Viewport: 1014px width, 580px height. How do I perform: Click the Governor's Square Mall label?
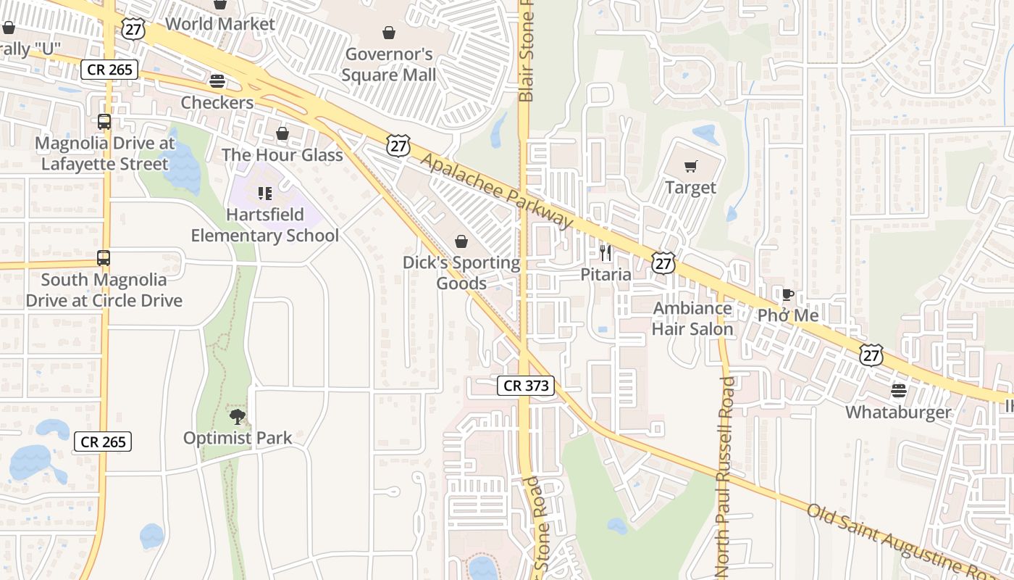(x=389, y=65)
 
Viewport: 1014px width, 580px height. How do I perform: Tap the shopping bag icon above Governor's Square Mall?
(x=389, y=33)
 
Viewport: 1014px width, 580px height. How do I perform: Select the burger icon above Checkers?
(x=217, y=80)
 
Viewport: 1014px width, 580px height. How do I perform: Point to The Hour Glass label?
(x=282, y=155)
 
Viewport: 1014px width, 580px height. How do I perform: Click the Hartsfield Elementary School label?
(x=264, y=225)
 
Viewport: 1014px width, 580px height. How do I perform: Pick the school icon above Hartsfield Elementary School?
(x=264, y=194)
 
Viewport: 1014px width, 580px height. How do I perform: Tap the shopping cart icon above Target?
(x=691, y=166)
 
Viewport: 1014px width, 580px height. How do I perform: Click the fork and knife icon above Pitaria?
(x=606, y=253)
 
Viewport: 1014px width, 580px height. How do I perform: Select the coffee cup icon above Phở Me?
(x=788, y=294)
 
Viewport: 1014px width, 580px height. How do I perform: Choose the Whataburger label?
(x=899, y=413)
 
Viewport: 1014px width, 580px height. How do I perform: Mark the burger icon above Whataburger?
(x=899, y=391)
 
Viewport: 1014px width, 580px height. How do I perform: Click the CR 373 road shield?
(x=526, y=386)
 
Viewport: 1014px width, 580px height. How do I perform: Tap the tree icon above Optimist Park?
(x=237, y=416)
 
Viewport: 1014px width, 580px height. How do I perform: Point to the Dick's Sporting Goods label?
(x=461, y=273)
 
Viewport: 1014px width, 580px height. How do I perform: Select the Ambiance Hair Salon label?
(x=692, y=318)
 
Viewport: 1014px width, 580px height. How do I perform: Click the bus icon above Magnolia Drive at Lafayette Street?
(x=104, y=122)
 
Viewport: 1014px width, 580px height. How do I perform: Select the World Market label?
(x=220, y=24)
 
